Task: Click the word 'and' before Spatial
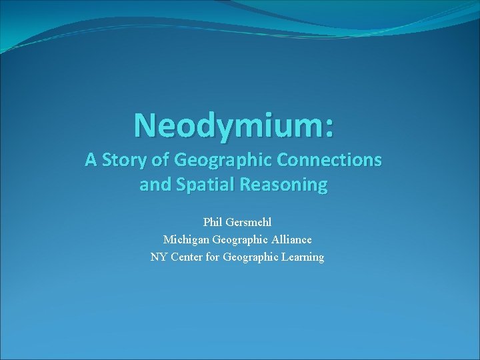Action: coord(154,185)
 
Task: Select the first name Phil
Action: coord(213,221)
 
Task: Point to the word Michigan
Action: coord(186,239)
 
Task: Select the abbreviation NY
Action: coord(159,257)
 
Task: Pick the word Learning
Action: coord(303,257)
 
